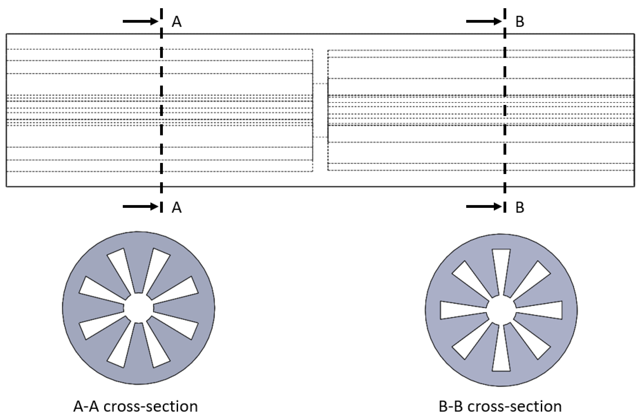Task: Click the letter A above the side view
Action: tap(177, 22)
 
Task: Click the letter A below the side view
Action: tap(177, 207)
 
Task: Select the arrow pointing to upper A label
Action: tap(140, 21)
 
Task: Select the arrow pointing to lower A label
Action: tap(140, 207)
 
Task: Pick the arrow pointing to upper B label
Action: tap(484, 21)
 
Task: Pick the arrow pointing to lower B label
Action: tap(484, 207)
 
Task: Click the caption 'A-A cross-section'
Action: tap(135, 407)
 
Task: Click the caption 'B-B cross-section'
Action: tap(500, 407)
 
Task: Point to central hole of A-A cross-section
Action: tap(138, 308)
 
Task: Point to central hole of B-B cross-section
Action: tap(501, 310)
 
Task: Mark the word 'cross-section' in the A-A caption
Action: tap(151, 407)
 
